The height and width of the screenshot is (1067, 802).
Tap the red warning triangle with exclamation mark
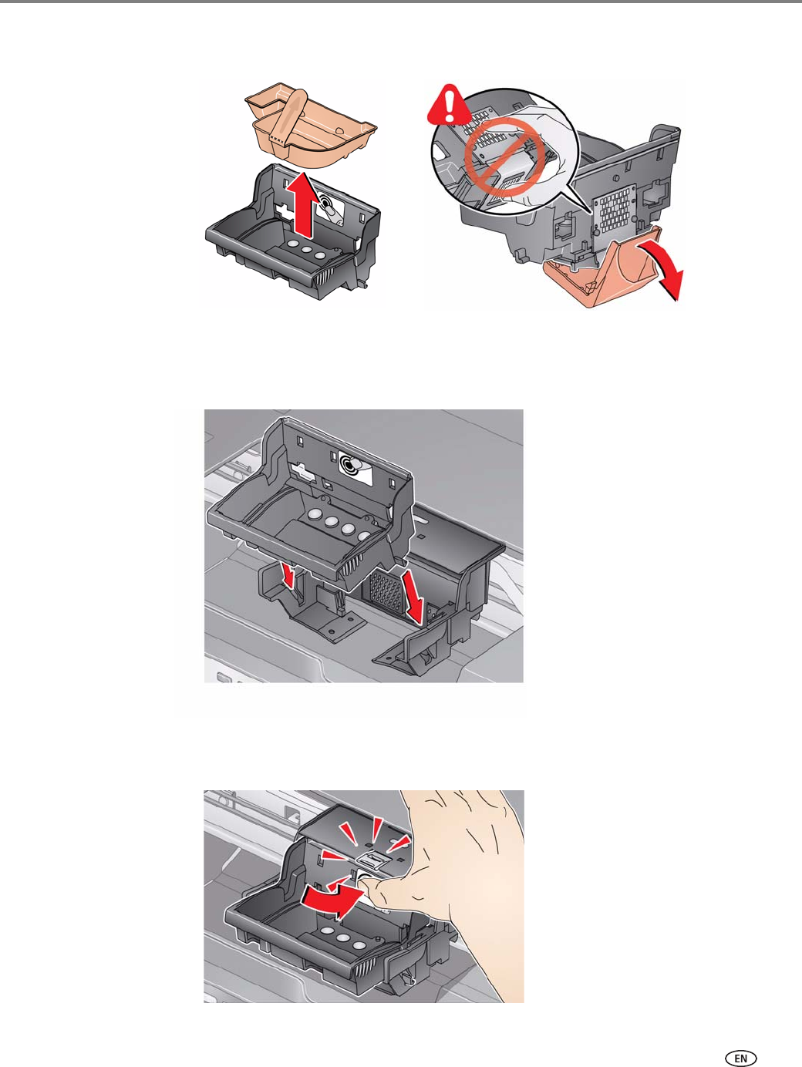[x=450, y=104]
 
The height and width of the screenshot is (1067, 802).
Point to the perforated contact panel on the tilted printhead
[x=615, y=210]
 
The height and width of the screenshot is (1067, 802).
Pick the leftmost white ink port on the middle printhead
[x=315, y=513]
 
